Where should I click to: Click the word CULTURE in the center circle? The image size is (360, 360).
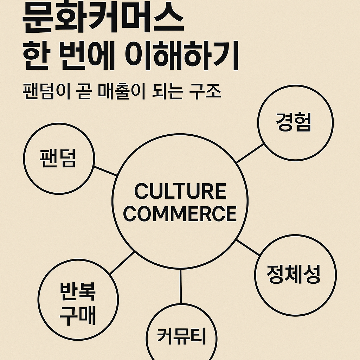point(180,192)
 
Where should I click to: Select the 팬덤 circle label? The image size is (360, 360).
point(58,159)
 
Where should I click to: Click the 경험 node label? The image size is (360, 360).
point(295,123)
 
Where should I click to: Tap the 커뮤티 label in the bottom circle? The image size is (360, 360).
point(181,337)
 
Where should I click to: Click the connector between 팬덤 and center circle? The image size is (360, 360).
point(105,171)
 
